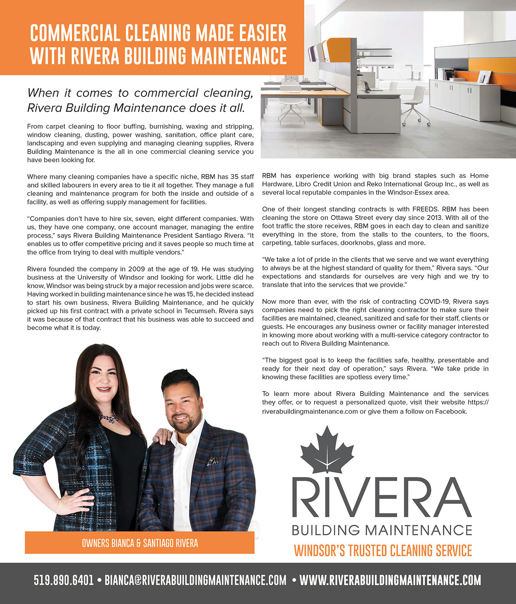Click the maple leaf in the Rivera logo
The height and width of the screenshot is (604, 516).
(x=327, y=452)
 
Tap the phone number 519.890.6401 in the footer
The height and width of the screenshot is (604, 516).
(x=64, y=580)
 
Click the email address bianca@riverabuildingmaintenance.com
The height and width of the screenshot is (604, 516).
(x=195, y=580)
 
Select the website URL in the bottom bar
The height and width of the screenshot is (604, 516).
(x=390, y=580)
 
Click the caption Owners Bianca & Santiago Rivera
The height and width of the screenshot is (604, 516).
(x=140, y=543)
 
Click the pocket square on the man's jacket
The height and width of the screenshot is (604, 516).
(x=212, y=461)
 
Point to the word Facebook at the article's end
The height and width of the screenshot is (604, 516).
(x=451, y=411)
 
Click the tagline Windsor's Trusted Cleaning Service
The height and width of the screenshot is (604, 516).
(x=382, y=551)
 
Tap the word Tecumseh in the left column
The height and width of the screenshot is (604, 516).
(x=201, y=311)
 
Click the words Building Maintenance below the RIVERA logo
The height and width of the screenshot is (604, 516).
(x=382, y=530)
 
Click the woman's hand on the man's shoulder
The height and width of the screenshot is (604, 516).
(x=162, y=435)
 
